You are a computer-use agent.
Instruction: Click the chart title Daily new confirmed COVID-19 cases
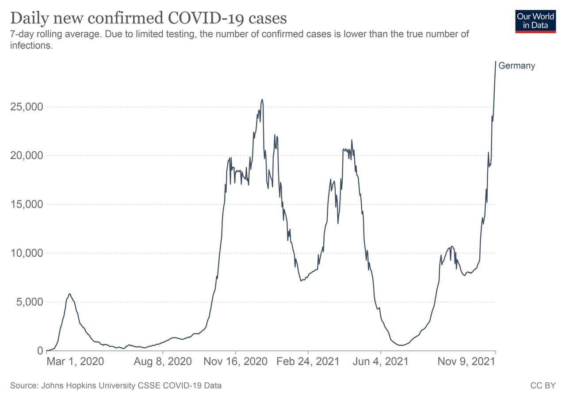tap(149, 19)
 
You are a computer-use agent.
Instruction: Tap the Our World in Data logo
tap(535, 20)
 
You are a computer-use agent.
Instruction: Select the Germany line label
tap(516, 66)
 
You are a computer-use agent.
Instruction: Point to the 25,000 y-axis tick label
tap(26, 107)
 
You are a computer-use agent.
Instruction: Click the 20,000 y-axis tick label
tap(26, 156)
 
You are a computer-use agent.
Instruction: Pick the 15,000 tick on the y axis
tap(26, 204)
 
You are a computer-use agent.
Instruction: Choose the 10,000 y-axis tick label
tap(26, 253)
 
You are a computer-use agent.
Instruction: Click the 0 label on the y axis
tap(40, 351)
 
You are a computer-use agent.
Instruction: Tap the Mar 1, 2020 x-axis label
tap(75, 362)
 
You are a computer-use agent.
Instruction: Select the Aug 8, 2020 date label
tap(163, 362)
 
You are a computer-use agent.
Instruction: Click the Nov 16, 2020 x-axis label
tap(235, 362)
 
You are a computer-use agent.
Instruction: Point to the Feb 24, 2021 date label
tap(308, 362)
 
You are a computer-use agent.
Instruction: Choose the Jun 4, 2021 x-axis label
tap(380, 362)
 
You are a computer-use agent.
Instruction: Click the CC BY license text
tap(543, 386)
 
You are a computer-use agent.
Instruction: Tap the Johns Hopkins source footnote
tap(116, 386)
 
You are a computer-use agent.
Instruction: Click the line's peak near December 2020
tap(262, 100)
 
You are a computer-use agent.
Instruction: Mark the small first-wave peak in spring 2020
tap(69, 294)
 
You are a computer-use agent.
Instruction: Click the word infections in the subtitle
tap(31, 46)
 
